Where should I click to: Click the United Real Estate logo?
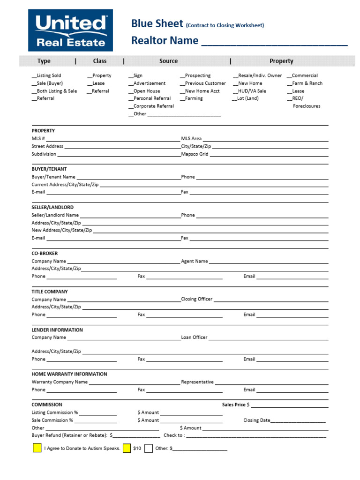(x=71, y=30)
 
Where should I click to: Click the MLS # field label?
(x=38, y=139)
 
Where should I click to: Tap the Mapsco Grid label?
(x=195, y=154)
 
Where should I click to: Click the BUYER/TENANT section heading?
(x=49, y=169)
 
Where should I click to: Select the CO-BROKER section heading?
(x=45, y=253)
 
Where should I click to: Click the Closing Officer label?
(x=197, y=299)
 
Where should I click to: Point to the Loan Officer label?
(x=194, y=337)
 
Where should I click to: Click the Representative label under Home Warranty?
(x=197, y=382)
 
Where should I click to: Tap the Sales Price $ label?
(x=236, y=405)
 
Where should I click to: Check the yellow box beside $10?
(x=127, y=448)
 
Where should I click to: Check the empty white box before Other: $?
(x=149, y=448)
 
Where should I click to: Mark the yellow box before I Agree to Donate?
(x=37, y=448)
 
